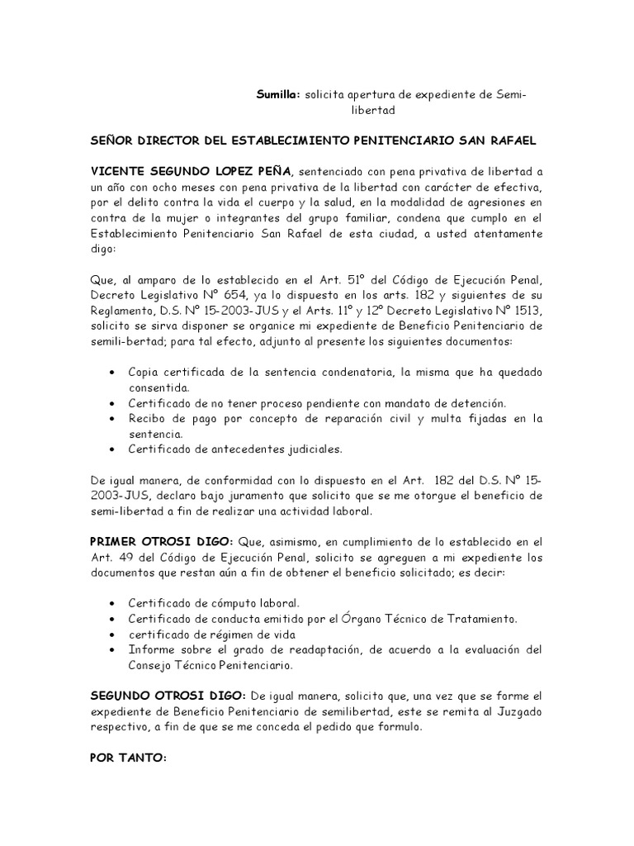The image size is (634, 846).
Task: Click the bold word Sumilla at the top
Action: [277, 96]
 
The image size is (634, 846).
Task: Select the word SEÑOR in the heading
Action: [113, 141]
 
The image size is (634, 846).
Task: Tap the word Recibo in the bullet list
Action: [148, 418]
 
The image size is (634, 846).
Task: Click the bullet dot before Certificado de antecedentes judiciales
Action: [112, 449]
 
